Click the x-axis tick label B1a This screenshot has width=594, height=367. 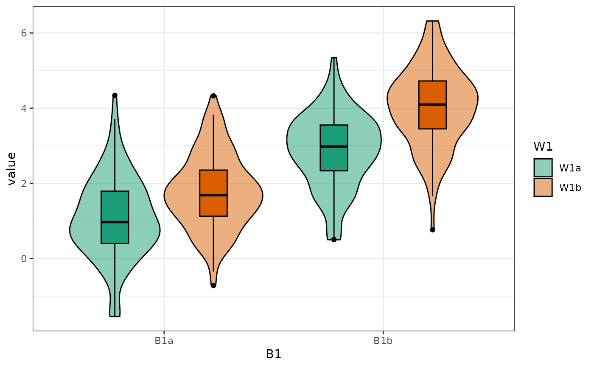[x=164, y=341]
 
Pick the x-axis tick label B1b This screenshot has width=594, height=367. [x=383, y=341]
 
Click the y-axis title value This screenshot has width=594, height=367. [x=12, y=168]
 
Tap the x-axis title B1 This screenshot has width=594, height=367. [x=274, y=354]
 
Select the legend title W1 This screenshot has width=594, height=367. [x=543, y=146]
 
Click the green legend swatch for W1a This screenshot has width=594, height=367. [x=543, y=168]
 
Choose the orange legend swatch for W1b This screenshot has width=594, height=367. [x=543, y=187]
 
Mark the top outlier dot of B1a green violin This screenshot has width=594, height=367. [x=115, y=95]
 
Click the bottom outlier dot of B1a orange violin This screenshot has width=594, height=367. [x=213, y=286]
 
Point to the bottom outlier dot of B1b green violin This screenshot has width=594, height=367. [x=334, y=240]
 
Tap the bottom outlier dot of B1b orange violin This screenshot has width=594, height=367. [x=432, y=230]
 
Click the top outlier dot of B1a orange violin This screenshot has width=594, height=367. [x=213, y=96]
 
